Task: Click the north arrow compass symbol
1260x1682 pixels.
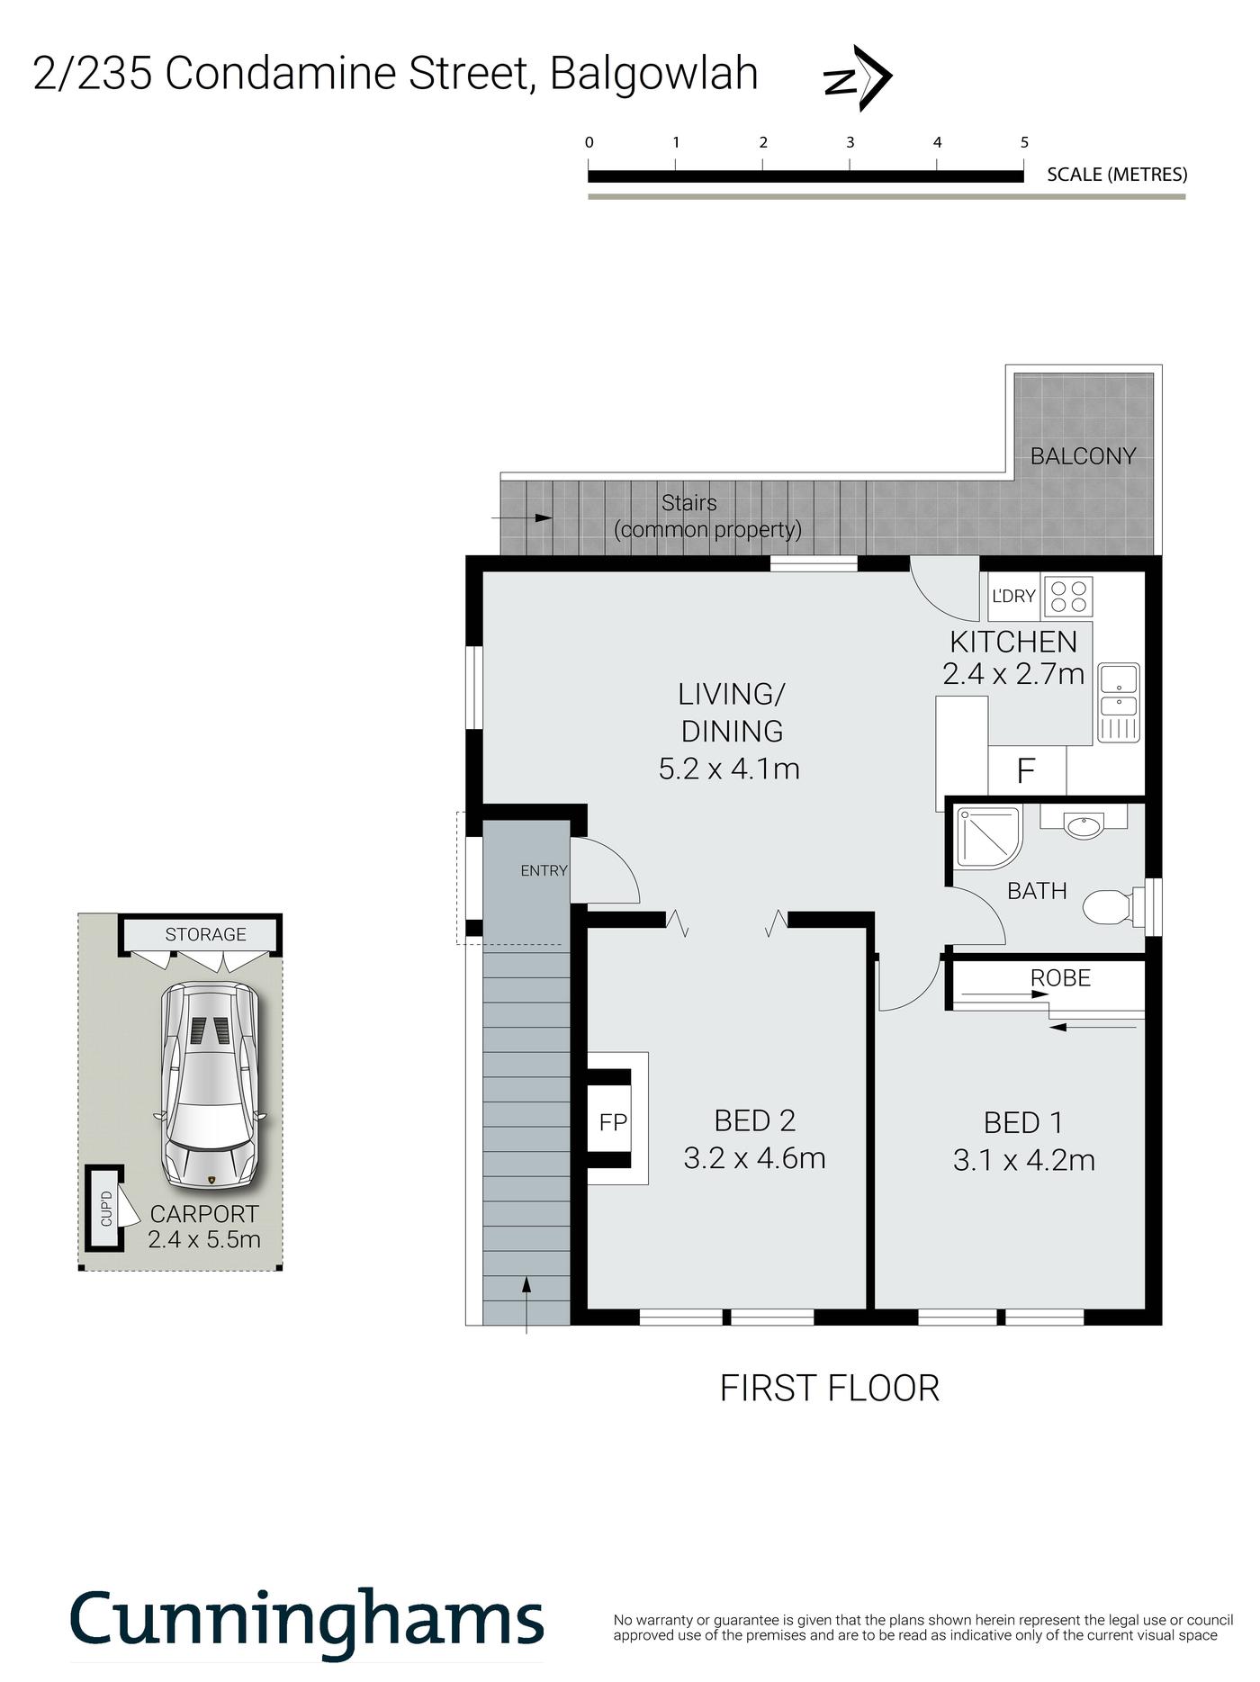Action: [858, 78]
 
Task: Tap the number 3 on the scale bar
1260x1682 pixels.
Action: [850, 142]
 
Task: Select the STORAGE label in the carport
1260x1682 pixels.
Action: [205, 934]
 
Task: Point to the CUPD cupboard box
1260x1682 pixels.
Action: [105, 1208]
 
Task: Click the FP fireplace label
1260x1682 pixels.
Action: [613, 1122]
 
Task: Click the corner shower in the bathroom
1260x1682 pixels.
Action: [988, 837]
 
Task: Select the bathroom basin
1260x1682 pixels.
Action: [1084, 823]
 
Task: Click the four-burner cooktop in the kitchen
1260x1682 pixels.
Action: [1068, 596]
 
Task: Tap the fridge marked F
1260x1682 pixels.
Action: [1026, 770]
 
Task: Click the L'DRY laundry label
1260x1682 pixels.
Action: [1013, 596]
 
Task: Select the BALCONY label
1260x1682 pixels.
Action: [1083, 456]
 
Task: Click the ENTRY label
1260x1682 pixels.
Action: [544, 870]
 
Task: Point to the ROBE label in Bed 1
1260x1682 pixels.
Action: [1060, 977]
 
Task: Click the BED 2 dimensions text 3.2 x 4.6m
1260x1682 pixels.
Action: [754, 1158]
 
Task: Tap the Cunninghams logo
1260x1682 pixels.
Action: [307, 1619]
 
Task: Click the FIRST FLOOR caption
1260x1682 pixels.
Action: [829, 1388]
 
